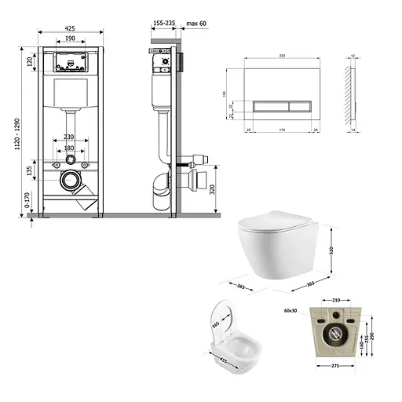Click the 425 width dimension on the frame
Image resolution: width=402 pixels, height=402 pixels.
coord(70,27)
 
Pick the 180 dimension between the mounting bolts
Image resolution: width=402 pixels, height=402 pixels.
coord(70,148)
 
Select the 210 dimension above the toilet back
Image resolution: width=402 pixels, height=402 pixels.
coord(336,300)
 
